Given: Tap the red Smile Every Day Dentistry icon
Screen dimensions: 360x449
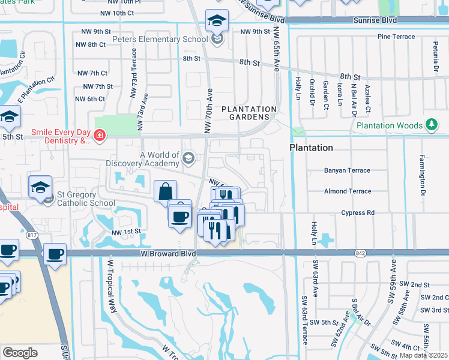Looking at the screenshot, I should click(99, 136).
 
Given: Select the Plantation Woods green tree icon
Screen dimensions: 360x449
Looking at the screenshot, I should click(430, 125).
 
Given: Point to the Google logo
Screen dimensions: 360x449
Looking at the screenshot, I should click(19, 353).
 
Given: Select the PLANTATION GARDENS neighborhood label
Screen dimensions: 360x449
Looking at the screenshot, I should click(249, 113).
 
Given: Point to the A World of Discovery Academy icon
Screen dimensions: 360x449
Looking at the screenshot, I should click(188, 158).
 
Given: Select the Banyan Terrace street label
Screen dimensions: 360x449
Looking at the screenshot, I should click(347, 170).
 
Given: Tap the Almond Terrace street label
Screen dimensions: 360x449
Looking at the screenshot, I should click(348, 191).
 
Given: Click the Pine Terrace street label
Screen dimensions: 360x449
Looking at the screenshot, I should click(396, 37).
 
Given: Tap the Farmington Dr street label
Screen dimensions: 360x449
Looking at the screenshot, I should click(421, 170).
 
